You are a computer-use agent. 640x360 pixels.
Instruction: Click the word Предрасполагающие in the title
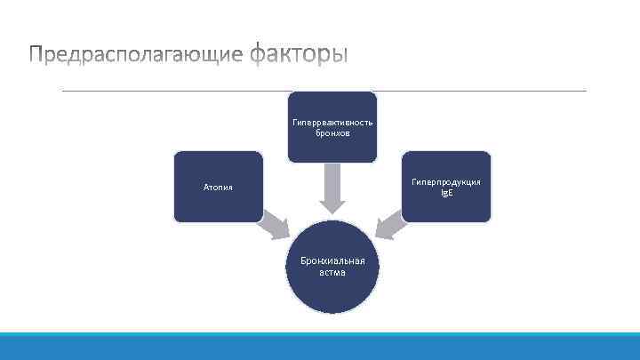click(x=135, y=55)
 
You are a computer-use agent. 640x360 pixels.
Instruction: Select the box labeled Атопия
click(x=219, y=186)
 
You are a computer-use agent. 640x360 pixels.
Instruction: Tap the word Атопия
click(x=219, y=188)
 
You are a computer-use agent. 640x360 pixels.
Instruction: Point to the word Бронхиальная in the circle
click(x=332, y=261)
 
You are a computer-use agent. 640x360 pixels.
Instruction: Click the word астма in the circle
click(x=332, y=273)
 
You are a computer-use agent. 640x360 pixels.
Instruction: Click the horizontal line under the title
click(x=324, y=90)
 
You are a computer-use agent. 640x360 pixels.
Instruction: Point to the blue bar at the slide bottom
click(x=320, y=347)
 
